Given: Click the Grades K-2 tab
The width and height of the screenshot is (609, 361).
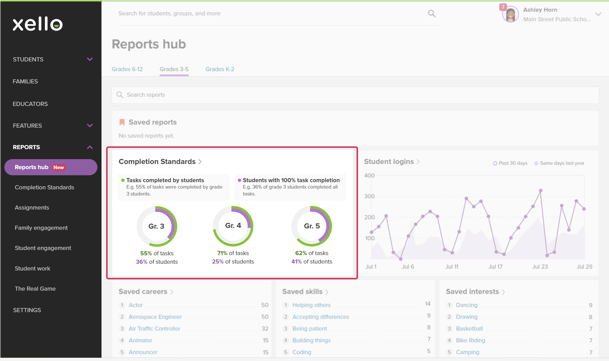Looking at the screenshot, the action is pyautogui.click(x=220, y=69).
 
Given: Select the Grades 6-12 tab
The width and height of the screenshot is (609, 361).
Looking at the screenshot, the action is pyautogui.click(x=127, y=69).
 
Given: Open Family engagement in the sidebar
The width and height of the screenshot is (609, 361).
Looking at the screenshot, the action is pyautogui.click(x=41, y=228).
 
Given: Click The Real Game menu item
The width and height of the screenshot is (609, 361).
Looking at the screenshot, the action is pyautogui.click(x=35, y=289).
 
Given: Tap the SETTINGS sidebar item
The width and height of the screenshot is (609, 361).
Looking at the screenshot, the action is pyautogui.click(x=27, y=310).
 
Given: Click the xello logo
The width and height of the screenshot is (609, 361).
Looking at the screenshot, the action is pyautogui.click(x=38, y=24).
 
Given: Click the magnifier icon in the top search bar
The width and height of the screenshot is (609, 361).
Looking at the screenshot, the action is pyautogui.click(x=432, y=14).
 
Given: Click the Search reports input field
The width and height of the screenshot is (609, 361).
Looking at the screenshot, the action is pyautogui.click(x=355, y=95).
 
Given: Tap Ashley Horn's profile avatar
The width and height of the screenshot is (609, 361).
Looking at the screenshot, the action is pyautogui.click(x=510, y=14).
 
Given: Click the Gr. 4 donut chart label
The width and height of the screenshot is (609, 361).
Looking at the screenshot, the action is pyautogui.click(x=233, y=225).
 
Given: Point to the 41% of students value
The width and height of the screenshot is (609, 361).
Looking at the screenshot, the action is pyautogui.click(x=312, y=261).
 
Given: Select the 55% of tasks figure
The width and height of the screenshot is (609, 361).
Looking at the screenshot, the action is pyautogui.click(x=157, y=253).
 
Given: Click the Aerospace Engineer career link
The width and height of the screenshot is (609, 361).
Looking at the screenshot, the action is pyautogui.click(x=155, y=317).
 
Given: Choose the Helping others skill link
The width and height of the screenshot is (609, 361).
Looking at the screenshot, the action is pyautogui.click(x=311, y=305).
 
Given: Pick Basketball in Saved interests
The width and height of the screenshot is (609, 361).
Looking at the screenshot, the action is pyautogui.click(x=469, y=329).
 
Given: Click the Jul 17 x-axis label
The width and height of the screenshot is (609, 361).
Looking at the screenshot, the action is pyautogui.click(x=495, y=267).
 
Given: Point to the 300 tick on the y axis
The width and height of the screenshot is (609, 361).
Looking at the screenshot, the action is pyautogui.click(x=369, y=196).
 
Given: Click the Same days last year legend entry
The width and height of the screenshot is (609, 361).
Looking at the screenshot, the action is pyautogui.click(x=559, y=163).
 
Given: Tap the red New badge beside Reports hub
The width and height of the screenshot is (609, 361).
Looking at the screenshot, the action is pyautogui.click(x=59, y=167).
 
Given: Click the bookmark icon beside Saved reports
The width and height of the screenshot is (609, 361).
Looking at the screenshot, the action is pyautogui.click(x=122, y=122).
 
